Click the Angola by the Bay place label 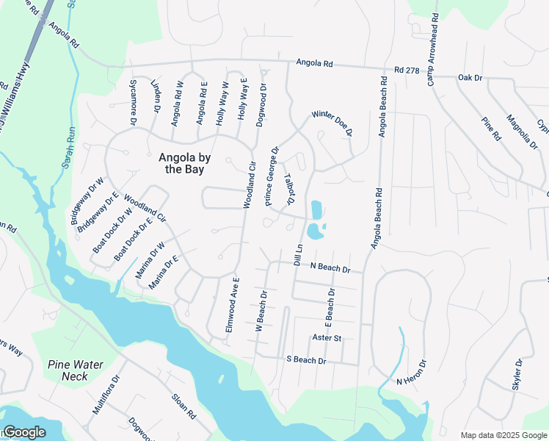tap(181, 162)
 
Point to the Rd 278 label tap(410, 70)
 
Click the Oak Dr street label tap(470, 77)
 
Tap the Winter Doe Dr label tap(332, 123)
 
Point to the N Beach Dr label tap(330, 268)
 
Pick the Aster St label tap(327, 337)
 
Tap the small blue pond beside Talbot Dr tap(316, 220)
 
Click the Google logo tap(24, 432)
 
